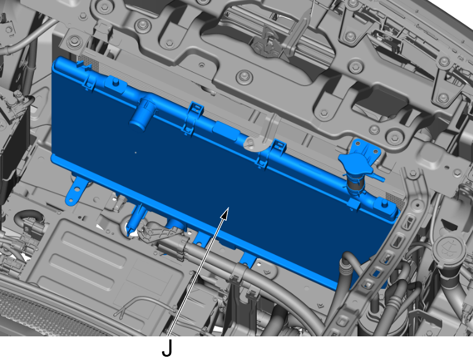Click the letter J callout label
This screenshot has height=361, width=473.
[167, 348]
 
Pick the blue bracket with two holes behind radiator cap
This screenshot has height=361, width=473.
[366, 148]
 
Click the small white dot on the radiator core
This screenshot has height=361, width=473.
[135, 153]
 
